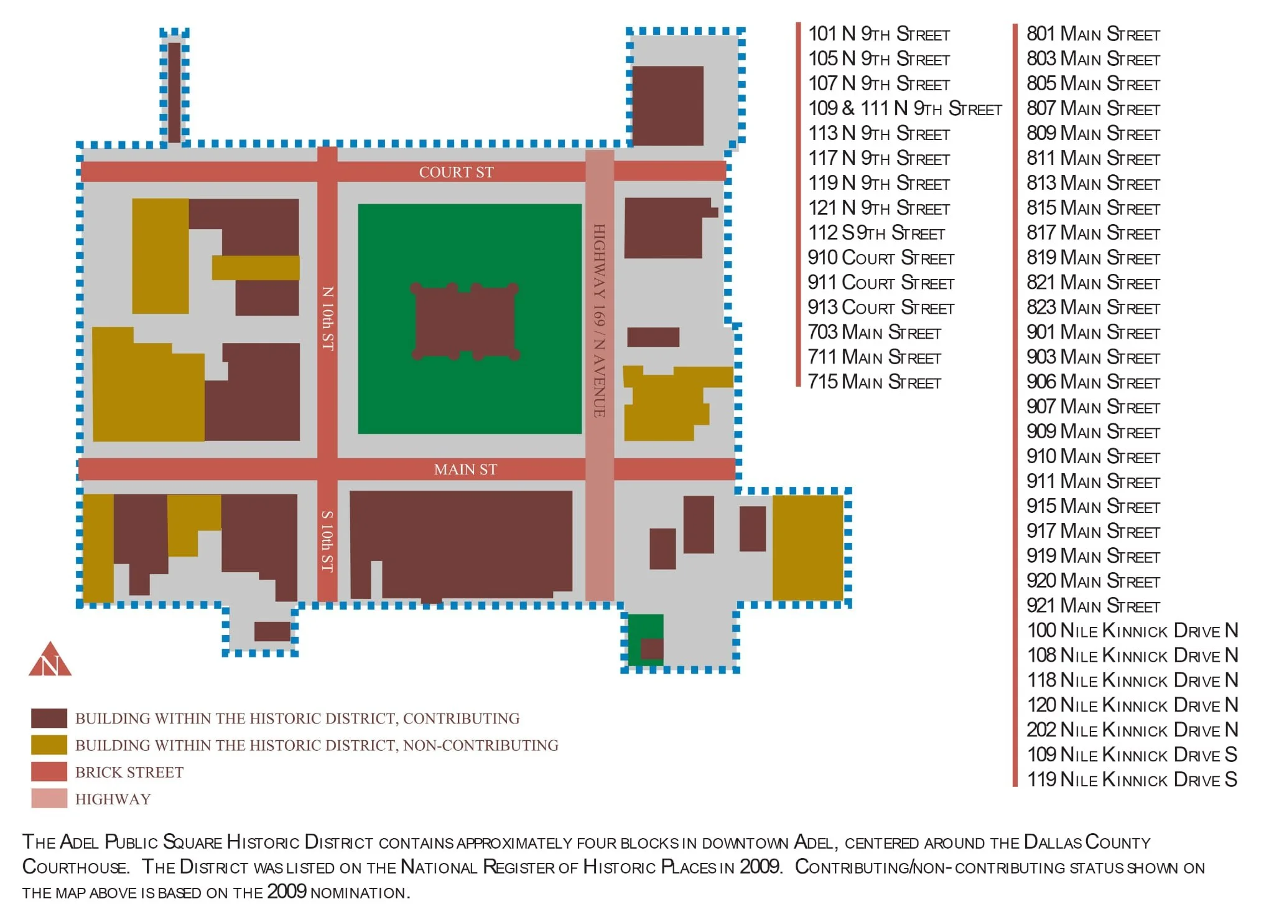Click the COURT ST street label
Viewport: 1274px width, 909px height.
click(x=456, y=172)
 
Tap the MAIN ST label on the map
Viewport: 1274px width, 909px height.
click(x=465, y=469)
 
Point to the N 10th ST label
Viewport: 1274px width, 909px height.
click(x=327, y=318)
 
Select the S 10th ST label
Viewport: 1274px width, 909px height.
click(x=327, y=541)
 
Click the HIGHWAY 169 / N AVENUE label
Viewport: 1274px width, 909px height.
click(x=599, y=321)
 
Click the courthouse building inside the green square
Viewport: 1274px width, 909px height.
click(x=465, y=322)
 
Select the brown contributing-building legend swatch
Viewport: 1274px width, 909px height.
click(x=49, y=718)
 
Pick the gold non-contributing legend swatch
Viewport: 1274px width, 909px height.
click(x=49, y=745)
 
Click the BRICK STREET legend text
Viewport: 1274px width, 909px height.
click(x=129, y=773)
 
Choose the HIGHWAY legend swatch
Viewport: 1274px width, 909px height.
click(x=49, y=799)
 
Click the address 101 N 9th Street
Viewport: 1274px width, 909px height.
click(x=878, y=34)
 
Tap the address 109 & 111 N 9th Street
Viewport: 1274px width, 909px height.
click(x=904, y=109)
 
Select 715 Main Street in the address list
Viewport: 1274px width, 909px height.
click(x=874, y=382)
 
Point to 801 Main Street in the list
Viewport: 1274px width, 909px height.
click(x=1093, y=34)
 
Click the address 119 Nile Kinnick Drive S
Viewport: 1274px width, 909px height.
click(x=1132, y=779)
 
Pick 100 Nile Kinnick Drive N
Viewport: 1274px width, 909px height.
click(x=1132, y=631)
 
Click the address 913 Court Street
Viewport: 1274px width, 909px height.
click(x=880, y=308)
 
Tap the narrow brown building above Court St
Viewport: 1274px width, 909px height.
click(x=174, y=92)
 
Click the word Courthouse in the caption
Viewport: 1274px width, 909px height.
click(x=75, y=867)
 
